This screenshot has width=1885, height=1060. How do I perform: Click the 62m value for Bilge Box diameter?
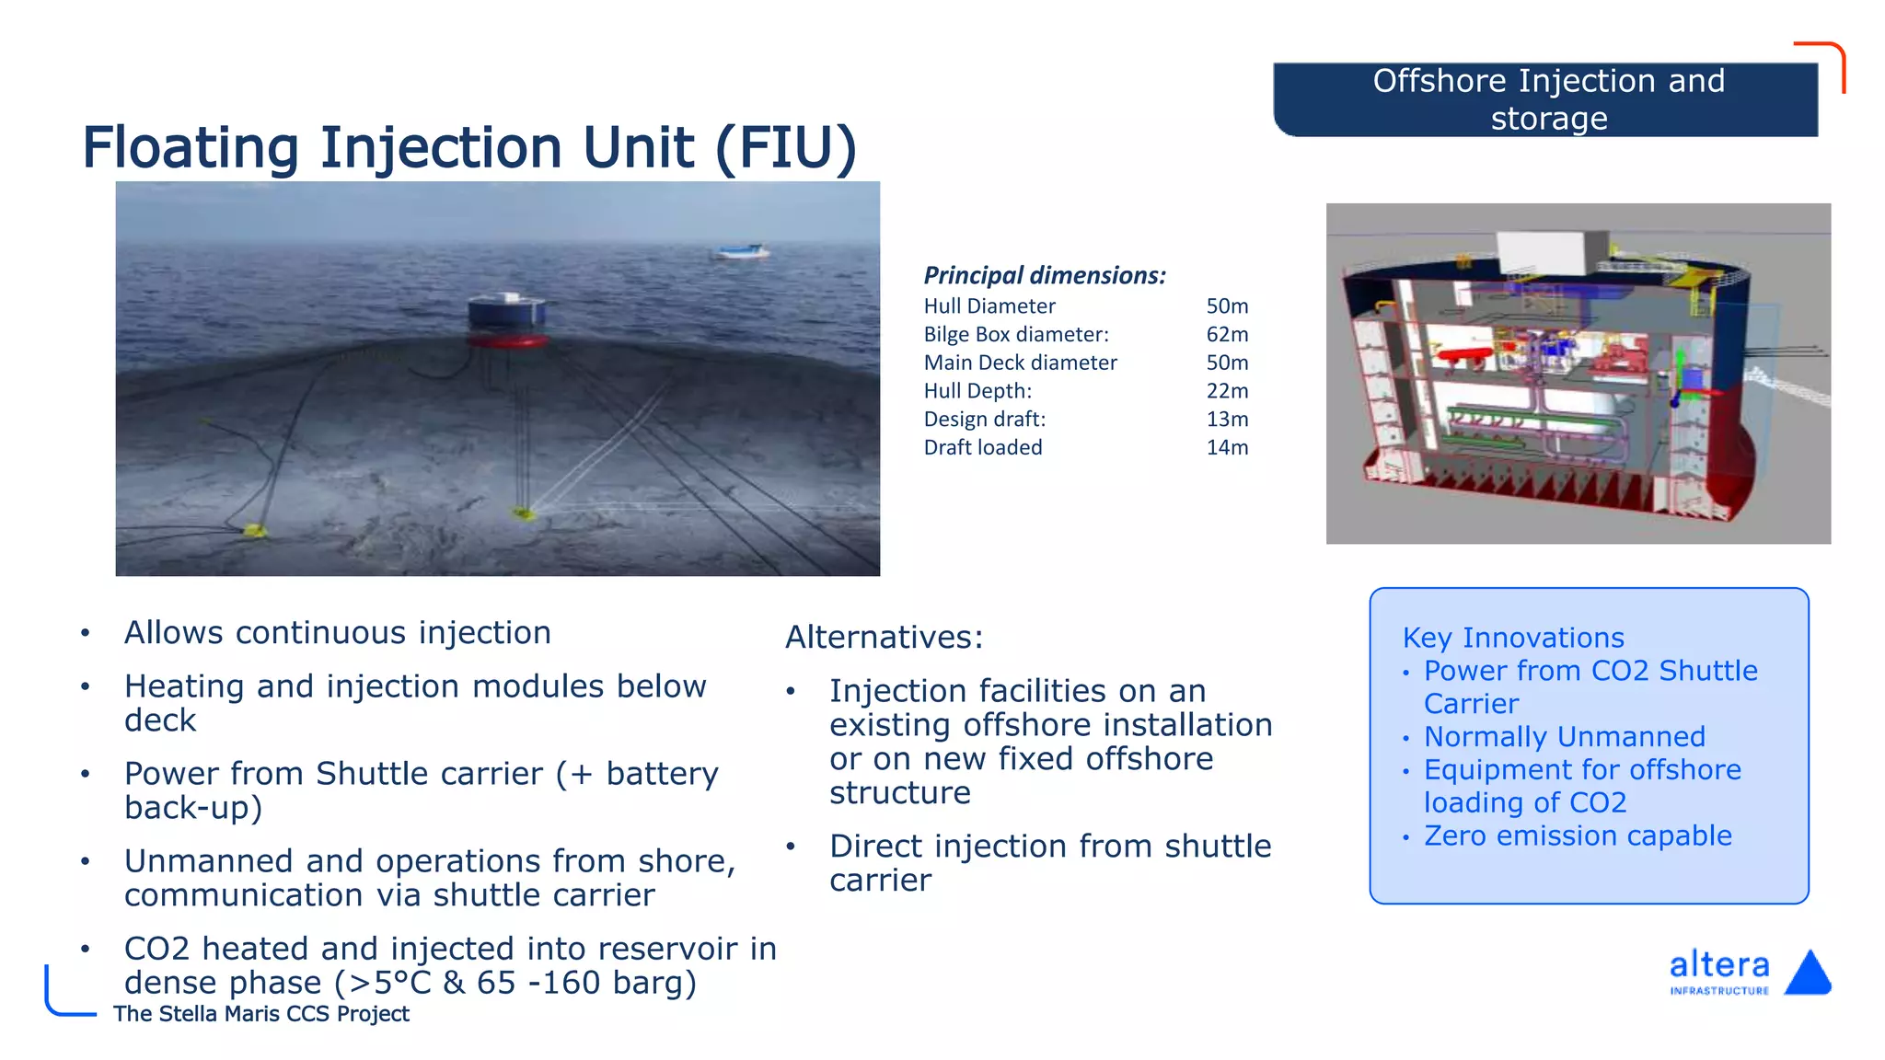[1227, 334]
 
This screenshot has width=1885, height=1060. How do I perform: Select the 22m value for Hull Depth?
[1227, 391]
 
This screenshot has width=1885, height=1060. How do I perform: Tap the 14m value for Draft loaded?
[1227, 448]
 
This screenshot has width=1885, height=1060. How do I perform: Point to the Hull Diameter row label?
[989, 306]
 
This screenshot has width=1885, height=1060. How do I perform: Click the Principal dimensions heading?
[1045, 275]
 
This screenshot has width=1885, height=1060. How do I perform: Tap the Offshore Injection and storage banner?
[1546, 99]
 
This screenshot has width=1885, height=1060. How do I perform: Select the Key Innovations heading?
[1513, 638]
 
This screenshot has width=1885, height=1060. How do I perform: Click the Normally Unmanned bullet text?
[1564, 737]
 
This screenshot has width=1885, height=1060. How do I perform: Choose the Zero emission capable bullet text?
[1578, 835]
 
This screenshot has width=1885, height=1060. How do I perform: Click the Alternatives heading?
[884, 637]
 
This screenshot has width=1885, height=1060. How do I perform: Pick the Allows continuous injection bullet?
[337, 633]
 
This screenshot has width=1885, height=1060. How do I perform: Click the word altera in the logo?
[1718, 965]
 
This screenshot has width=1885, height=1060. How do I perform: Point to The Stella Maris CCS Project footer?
[261, 1014]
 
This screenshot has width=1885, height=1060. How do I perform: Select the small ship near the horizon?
[741, 251]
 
